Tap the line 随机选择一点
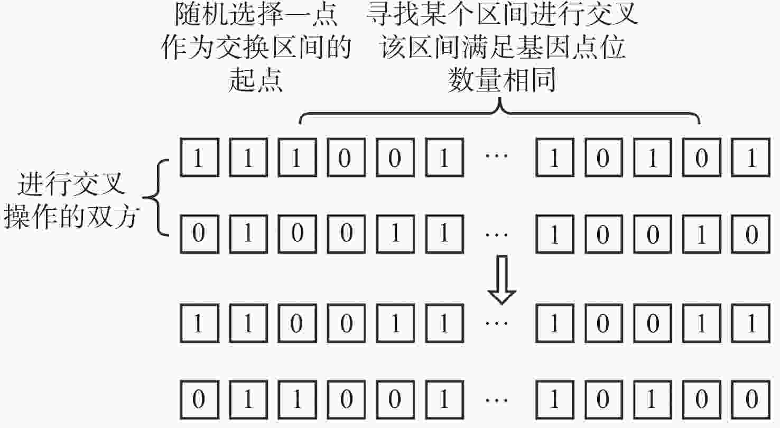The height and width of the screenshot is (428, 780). click(x=256, y=15)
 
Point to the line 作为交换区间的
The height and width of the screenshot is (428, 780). click(x=256, y=47)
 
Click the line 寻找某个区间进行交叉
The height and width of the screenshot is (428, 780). click(x=502, y=15)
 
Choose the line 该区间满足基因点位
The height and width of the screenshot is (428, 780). click(x=503, y=47)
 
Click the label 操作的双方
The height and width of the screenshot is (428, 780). click(x=72, y=216)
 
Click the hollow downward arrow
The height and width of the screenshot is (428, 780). click(x=502, y=280)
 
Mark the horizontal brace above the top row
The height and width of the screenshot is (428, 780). click(x=500, y=112)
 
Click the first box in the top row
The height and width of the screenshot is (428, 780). click(x=200, y=157)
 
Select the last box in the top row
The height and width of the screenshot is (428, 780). click(x=750, y=157)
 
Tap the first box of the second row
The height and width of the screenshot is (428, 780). click(x=200, y=234)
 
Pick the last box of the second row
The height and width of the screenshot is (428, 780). click(x=750, y=234)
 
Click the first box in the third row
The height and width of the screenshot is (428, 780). click(x=200, y=323)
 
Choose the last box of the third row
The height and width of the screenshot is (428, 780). click(x=750, y=323)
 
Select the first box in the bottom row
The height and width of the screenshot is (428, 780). click(x=200, y=399)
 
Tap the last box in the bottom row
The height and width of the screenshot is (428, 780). click(x=750, y=399)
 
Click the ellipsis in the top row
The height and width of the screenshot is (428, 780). click(x=497, y=156)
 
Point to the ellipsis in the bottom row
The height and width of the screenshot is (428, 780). click(x=497, y=400)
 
